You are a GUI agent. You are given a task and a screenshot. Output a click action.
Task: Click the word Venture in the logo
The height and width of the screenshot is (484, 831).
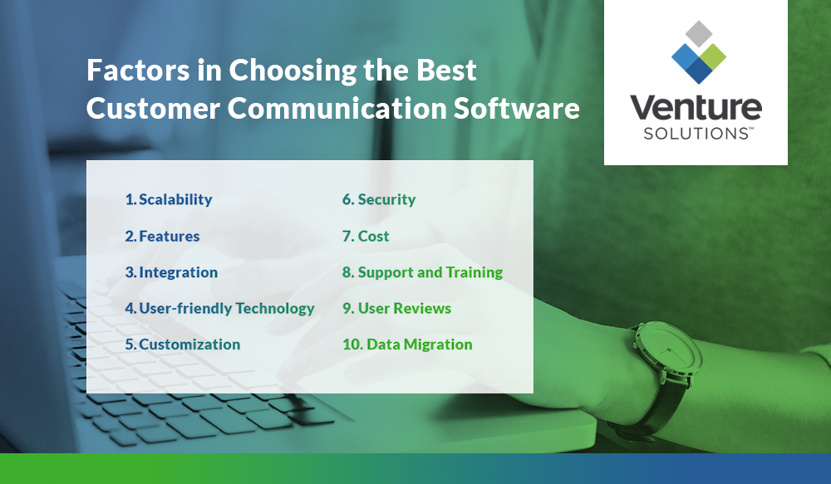[695, 108]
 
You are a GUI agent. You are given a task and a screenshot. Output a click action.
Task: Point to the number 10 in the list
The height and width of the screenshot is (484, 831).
[352, 345]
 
